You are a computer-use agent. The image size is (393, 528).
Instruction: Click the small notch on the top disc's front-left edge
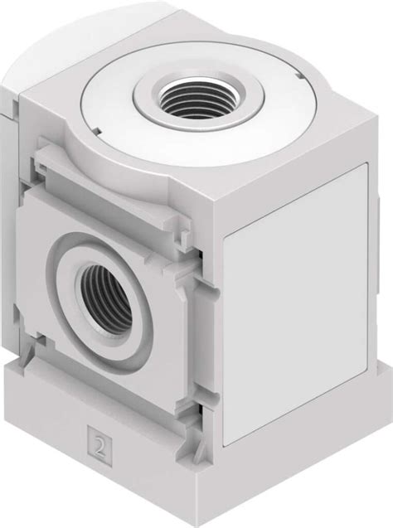98,127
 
